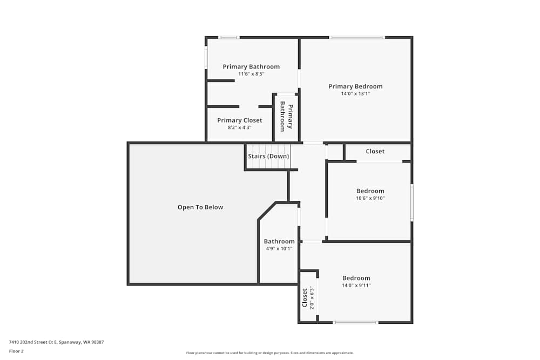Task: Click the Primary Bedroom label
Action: [x=355, y=86]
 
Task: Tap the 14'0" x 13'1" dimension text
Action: [x=355, y=94]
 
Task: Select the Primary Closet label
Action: [x=239, y=120]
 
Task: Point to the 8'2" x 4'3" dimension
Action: [x=239, y=128]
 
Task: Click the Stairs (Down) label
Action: [x=268, y=157]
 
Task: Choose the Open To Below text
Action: [x=200, y=207]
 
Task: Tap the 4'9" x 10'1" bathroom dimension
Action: [x=279, y=249]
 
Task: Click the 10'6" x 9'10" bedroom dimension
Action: [x=370, y=198]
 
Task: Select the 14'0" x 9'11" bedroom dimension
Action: [x=356, y=286]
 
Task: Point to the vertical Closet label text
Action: [x=305, y=297]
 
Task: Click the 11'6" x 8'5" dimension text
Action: [x=251, y=74]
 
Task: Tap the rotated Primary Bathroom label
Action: [x=286, y=117]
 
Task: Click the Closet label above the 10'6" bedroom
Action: [x=375, y=152]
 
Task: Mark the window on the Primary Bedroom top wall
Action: [x=357, y=37]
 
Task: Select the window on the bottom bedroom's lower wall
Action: [x=355, y=322]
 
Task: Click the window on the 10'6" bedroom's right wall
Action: [x=412, y=202]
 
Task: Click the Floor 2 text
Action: [x=16, y=351]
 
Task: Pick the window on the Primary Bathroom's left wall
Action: [x=206, y=57]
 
